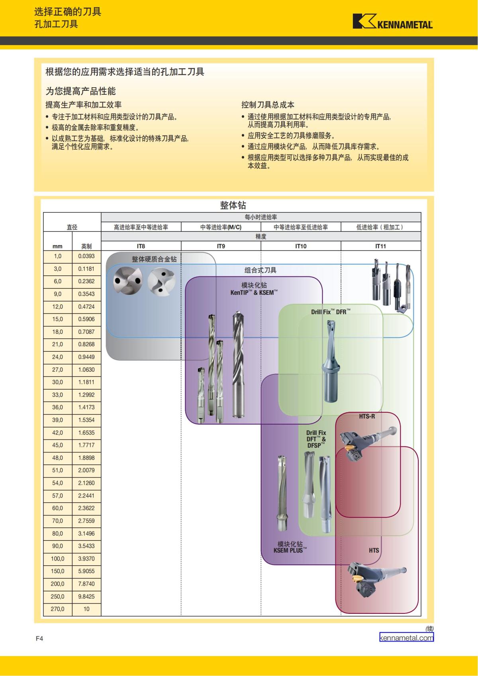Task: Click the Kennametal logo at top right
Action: click(392, 22)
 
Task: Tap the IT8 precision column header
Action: click(141, 246)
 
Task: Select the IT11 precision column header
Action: click(380, 246)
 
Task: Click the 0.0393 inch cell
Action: click(86, 256)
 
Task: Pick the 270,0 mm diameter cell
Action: click(57, 609)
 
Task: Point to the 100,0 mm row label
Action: click(57, 558)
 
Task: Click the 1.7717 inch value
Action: click(86, 445)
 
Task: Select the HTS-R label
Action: click(367, 416)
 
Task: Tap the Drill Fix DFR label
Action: click(331, 312)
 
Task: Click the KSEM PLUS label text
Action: click(290, 551)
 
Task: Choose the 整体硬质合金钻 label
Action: click(154, 259)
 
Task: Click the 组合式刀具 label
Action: click(260, 270)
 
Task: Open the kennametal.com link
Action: click(406, 638)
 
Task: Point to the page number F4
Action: click(39, 639)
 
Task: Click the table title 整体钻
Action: click(233, 205)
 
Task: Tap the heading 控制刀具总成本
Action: click(268, 105)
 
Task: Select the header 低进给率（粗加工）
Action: click(380, 227)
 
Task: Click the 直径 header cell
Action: click(72, 227)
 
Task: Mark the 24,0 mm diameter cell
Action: click(57, 357)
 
